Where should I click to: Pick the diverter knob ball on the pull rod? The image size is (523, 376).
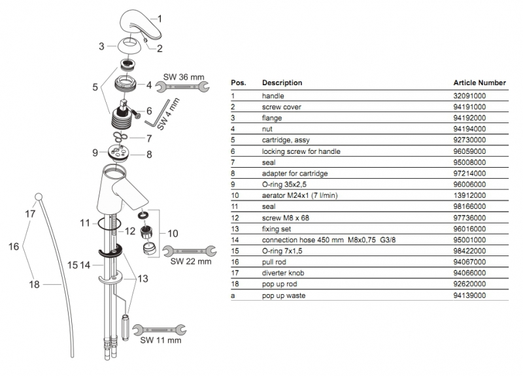37,196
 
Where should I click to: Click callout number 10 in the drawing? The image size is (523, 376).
173,233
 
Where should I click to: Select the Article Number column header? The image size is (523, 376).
479,83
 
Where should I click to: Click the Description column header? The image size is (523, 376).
282,83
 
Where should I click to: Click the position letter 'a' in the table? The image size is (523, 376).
233,296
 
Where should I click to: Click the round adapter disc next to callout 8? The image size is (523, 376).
122,153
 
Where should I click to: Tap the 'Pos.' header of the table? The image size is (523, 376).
238,83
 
